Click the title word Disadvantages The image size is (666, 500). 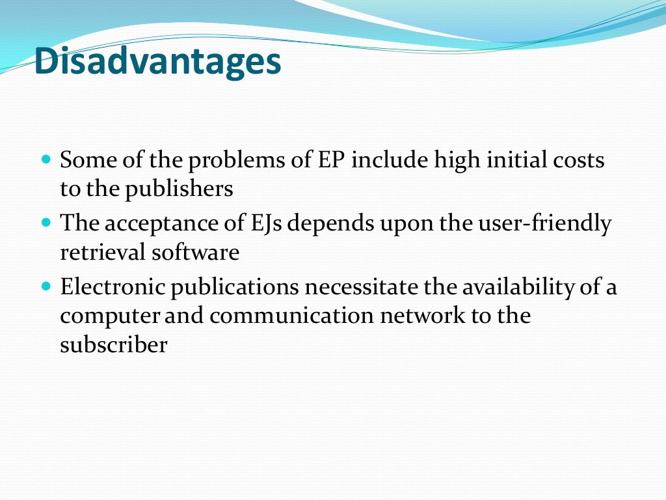point(158,62)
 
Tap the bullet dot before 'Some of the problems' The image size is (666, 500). point(46,159)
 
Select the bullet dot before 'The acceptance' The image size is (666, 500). point(46,222)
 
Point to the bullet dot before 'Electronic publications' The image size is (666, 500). point(46,285)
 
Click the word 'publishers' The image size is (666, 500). point(179,189)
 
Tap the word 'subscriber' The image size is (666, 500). point(114,345)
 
